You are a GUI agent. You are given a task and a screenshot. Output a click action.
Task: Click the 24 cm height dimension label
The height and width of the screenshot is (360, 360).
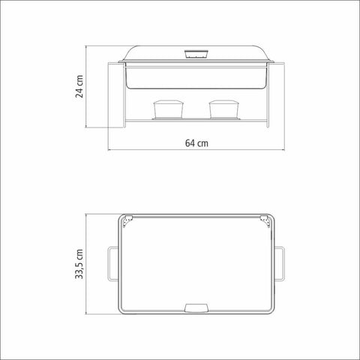79,86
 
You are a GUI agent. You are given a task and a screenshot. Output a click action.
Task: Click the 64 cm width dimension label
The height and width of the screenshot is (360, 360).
196,143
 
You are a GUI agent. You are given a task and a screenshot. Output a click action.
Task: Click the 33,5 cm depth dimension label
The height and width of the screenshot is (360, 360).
79,264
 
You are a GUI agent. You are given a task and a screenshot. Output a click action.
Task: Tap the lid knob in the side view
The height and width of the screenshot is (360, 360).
196,55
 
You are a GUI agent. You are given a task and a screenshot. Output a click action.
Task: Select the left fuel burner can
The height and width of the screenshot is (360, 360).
168,109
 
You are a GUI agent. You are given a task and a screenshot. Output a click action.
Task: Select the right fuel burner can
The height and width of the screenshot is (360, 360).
224,109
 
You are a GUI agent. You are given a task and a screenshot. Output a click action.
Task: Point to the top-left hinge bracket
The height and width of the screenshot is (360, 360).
127,220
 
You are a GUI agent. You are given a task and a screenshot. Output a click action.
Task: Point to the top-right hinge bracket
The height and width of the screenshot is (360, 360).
265,220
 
